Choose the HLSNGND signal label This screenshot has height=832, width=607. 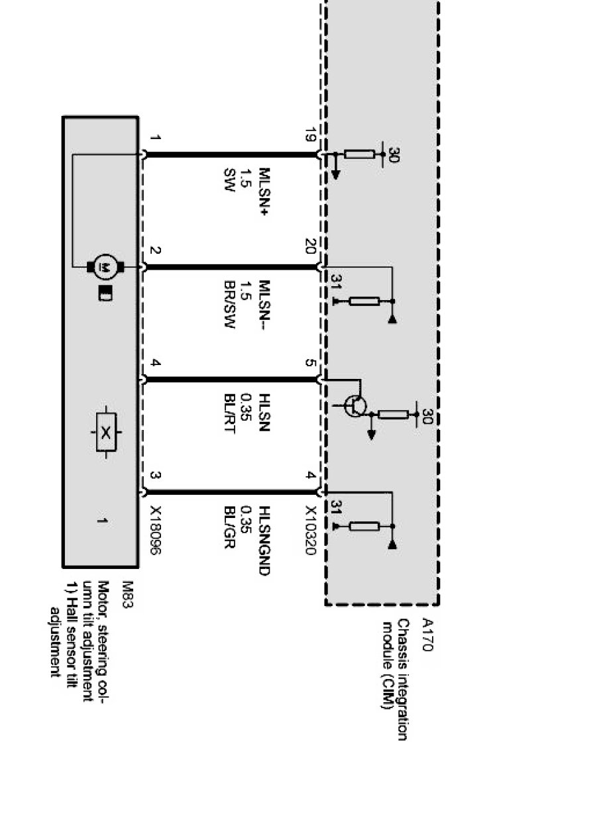coord(264,541)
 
